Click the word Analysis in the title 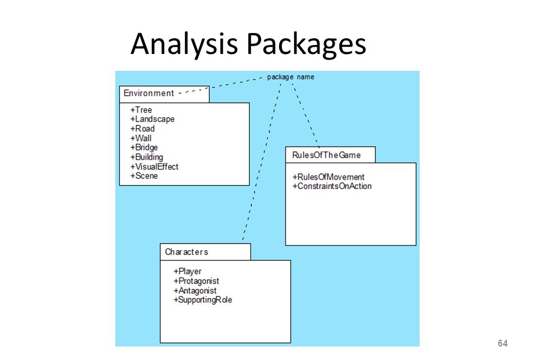(184, 44)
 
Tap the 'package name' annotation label (291, 77)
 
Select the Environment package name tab (164, 94)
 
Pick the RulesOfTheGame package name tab (330, 155)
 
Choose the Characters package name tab (205, 252)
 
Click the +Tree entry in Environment (141, 110)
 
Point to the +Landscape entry (152, 119)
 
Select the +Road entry (142, 128)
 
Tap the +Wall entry (141, 138)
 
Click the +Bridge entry (144, 148)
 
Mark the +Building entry (146, 157)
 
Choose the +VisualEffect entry (154, 166)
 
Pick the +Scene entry (143, 176)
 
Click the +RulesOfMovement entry (328, 177)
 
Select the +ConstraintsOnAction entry (332, 186)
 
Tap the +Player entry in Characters (187, 272)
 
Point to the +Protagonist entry (196, 281)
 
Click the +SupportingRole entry (202, 300)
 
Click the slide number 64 (502, 343)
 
